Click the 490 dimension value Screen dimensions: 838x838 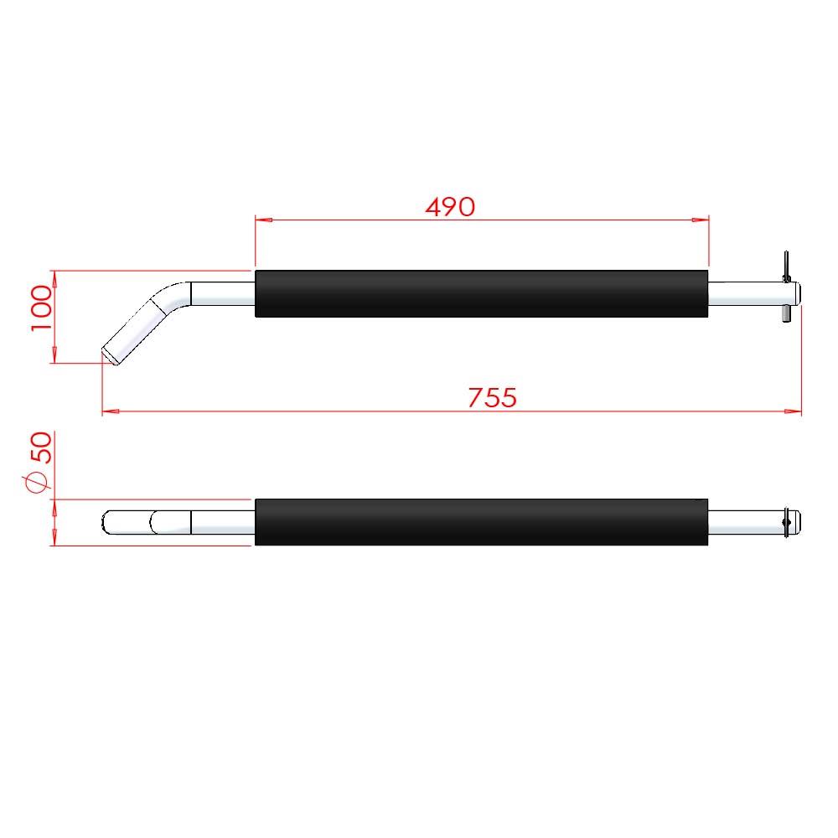pos(450,206)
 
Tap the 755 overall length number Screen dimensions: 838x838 pos(492,397)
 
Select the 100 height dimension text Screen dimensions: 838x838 pos(42,308)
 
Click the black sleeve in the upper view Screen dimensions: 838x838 pos(481,294)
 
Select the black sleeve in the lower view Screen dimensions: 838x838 pos(481,522)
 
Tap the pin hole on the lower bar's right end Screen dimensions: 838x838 pos(785,522)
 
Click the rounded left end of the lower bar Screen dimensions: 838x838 pos(108,522)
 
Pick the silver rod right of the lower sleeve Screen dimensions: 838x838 pos(742,522)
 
